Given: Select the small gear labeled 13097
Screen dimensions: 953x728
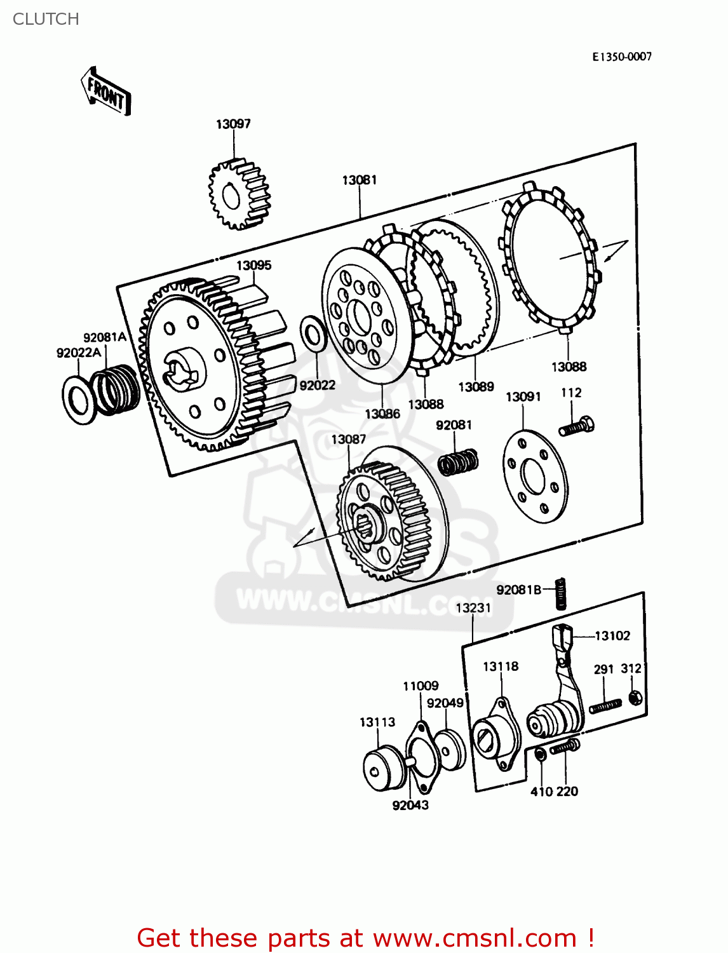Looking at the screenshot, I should tap(239, 193).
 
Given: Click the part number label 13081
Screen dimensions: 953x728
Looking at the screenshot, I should tap(360, 180).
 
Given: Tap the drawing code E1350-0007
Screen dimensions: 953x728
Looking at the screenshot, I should tap(622, 57).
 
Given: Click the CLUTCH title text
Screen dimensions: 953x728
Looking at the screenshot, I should tap(46, 19).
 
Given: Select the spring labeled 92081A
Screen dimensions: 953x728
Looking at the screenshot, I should tap(117, 389).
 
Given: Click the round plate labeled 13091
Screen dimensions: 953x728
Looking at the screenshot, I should tap(535, 476).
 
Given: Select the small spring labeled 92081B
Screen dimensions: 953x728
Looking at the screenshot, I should tap(560, 593).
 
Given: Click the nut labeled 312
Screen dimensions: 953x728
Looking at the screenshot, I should tap(634, 698).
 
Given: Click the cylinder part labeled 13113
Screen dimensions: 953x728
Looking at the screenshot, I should tap(383, 769).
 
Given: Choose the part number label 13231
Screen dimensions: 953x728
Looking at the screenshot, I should tap(473, 608).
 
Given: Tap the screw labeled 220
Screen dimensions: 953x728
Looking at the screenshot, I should tap(564, 747).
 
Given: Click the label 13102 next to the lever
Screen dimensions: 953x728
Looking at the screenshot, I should tap(612, 636).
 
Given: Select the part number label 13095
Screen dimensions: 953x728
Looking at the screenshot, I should tap(253, 266).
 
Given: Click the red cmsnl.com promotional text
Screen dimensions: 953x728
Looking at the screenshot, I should tap(365, 938).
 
